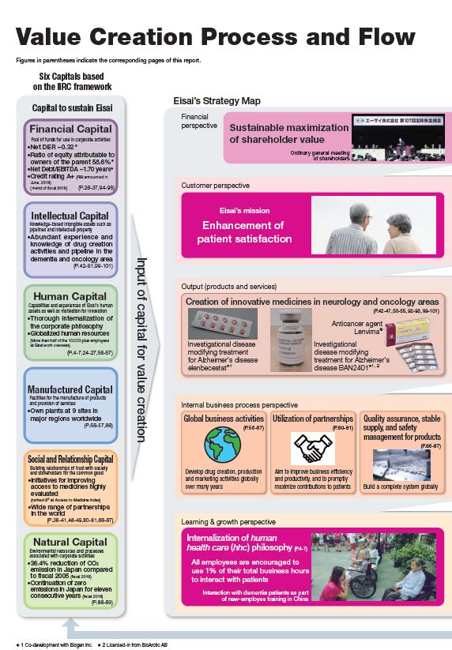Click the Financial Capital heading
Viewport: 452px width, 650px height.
pos(70,130)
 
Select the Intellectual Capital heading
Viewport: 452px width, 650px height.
pos(70,216)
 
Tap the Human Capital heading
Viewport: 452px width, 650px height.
pos(70,297)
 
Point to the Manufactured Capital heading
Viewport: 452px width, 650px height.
pos(70,389)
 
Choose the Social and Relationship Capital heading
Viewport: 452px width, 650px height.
pos(70,460)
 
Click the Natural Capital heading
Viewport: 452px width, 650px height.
pos(70,542)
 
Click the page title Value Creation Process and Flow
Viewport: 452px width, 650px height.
pos(215,37)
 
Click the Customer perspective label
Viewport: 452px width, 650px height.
pos(217,185)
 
